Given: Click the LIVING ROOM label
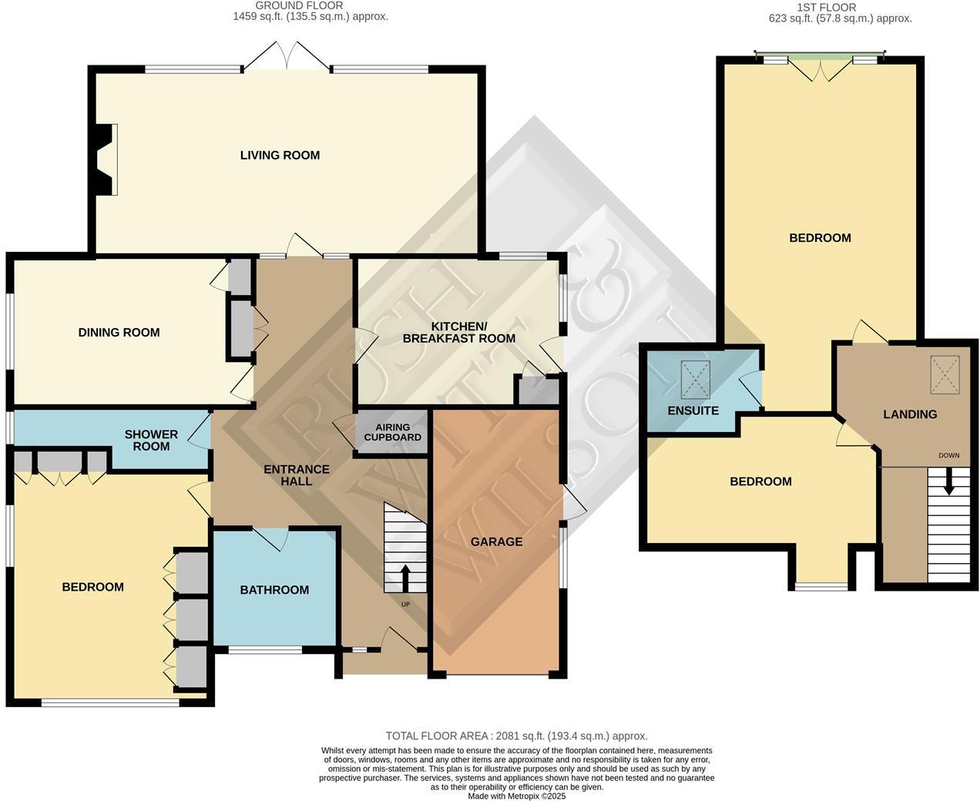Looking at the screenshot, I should coord(280,155).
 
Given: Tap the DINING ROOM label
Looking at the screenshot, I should coord(119,333).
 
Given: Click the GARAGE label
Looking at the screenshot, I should coord(496,541).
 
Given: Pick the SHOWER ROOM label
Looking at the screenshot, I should coord(151,440).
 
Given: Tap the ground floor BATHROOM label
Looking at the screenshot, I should coord(274,590).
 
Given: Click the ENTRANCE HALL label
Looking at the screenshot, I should coord(297,475).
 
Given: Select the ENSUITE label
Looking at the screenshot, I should coord(693,411).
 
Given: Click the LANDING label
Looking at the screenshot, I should coord(910,414).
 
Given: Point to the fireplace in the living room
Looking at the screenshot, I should coord(106,159).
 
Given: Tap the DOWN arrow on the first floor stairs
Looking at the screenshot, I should coord(949,482).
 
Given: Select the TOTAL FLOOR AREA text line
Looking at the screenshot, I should coord(516,736).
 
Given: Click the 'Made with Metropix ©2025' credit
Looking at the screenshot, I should coord(516,796).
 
